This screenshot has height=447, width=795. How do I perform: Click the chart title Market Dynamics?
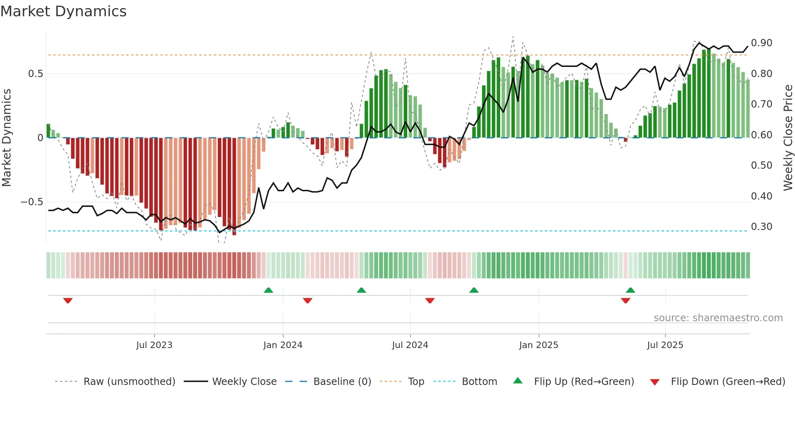[x=63, y=11]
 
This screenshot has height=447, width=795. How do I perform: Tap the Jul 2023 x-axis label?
[x=154, y=345]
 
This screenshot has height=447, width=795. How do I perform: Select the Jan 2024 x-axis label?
[x=283, y=345]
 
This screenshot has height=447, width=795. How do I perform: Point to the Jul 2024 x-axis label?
[x=410, y=345]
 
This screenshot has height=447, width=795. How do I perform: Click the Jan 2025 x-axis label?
[x=539, y=345]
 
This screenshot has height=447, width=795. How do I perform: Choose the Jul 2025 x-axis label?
[x=665, y=345]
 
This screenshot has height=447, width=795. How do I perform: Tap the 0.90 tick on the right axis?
[x=761, y=43]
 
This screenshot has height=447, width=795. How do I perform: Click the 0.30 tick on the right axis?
[x=761, y=227]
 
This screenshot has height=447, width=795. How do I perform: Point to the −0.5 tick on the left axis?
[x=32, y=202]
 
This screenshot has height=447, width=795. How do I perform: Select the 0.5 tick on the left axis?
[x=35, y=74]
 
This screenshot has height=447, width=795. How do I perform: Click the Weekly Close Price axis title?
[x=788, y=138]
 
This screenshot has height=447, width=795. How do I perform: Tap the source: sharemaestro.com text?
[x=718, y=318]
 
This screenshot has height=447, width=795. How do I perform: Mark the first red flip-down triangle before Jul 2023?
[x=68, y=301]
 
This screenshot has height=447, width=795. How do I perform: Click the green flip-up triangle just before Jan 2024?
[x=269, y=290]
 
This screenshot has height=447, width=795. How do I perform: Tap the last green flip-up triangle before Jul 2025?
[x=630, y=290]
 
